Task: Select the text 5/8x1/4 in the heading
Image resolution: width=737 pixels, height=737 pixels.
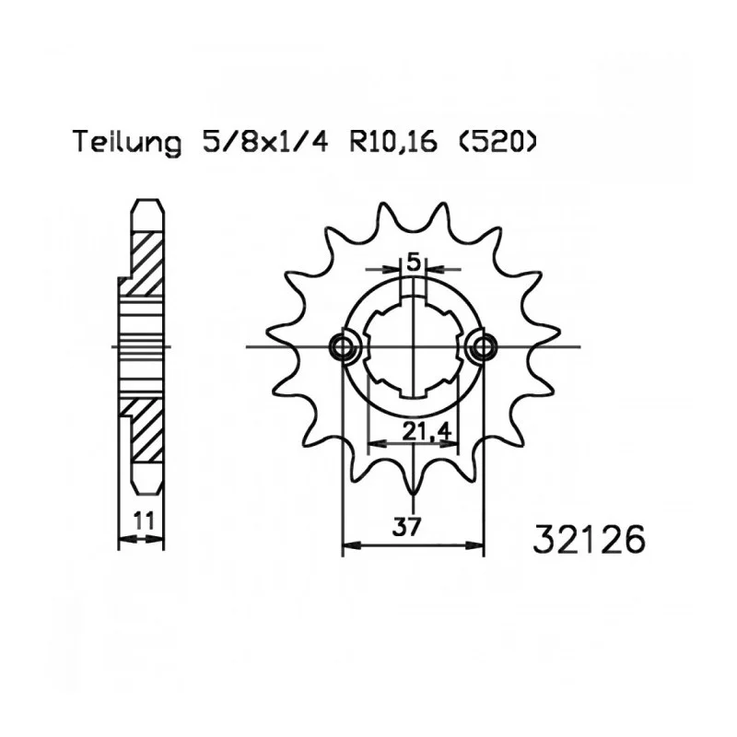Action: (x=265, y=142)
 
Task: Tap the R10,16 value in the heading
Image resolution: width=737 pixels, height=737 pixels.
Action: (x=393, y=142)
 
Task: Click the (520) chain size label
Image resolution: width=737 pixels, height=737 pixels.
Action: (x=496, y=142)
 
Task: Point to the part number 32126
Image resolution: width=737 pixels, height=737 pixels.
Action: (x=589, y=540)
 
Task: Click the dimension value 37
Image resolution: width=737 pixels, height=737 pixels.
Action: (x=406, y=527)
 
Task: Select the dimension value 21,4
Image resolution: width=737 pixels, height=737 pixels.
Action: (x=427, y=431)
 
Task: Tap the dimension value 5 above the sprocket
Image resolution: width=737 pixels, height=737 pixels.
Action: (x=413, y=263)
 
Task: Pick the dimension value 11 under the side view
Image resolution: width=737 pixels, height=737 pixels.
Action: (x=144, y=521)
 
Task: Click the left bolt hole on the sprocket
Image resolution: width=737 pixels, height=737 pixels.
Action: (x=344, y=347)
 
